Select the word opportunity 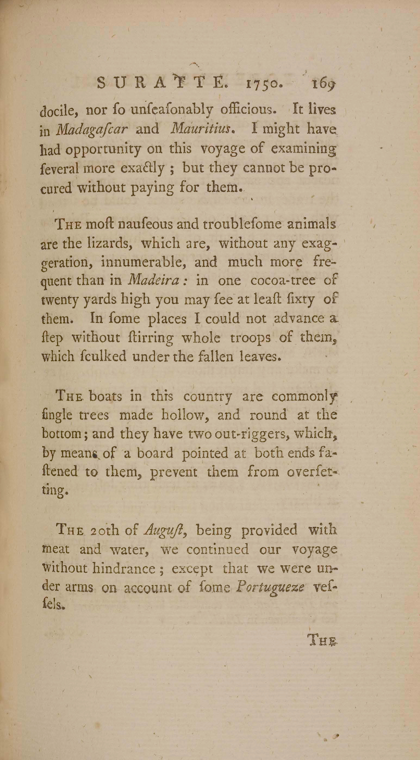click(103, 149)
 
